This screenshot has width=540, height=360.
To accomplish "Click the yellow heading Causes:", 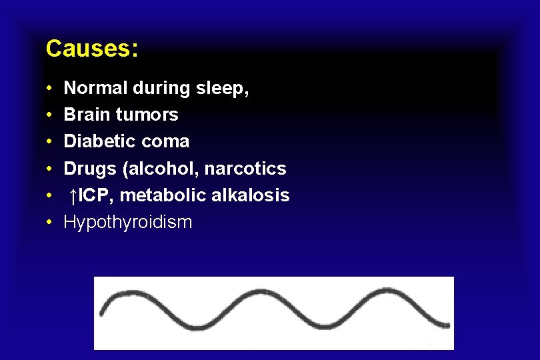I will point(92,49).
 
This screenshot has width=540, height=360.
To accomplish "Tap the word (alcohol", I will point(160,169).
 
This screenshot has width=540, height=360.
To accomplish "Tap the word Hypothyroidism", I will point(127,223).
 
